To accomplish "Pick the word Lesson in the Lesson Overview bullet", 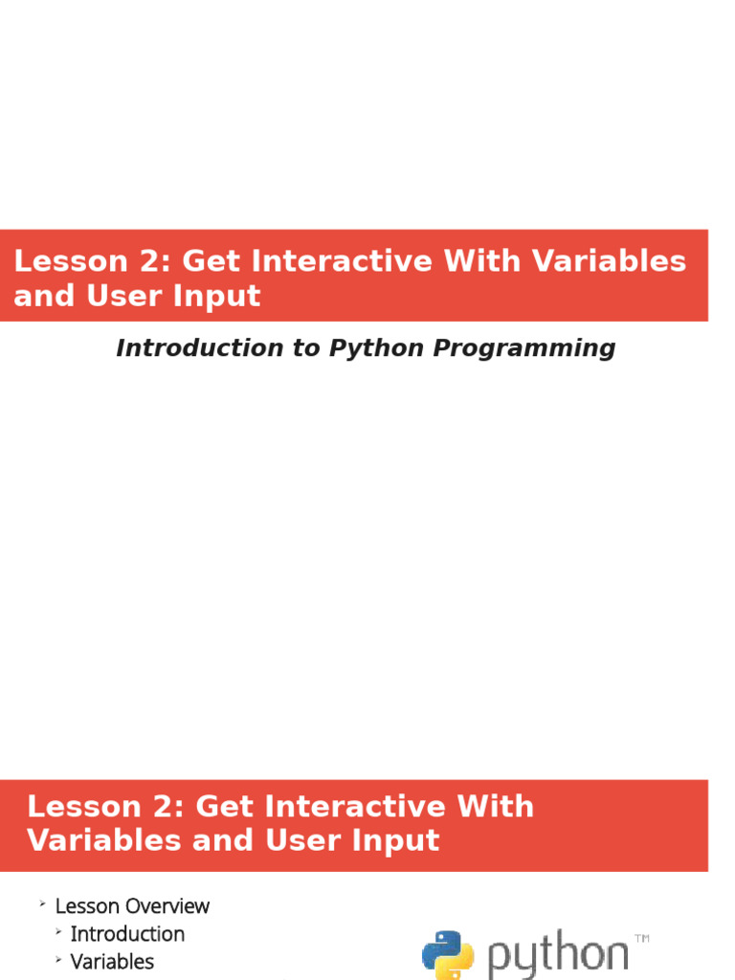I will [84, 905].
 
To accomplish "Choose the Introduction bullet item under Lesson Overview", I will [127, 934].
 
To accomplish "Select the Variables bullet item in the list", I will [112, 962].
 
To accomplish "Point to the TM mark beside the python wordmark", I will [641, 939].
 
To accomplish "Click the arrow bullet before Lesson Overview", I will [42, 904].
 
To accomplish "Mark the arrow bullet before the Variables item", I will [58, 960].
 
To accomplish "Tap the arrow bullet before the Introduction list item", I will [58, 932].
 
